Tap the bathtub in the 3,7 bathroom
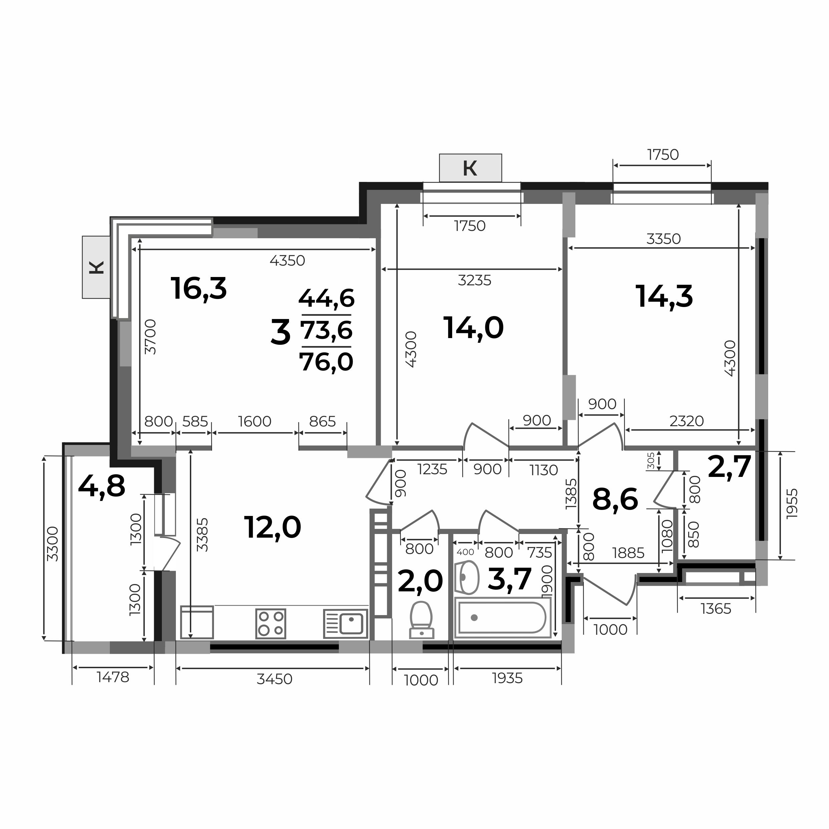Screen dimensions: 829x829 point(502,617)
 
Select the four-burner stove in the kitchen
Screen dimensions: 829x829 point(271,623)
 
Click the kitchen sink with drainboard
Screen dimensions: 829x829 point(345,623)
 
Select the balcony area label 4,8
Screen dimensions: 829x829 point(102,487)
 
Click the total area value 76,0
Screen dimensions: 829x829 point(326,362)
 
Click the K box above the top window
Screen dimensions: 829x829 point(470,168)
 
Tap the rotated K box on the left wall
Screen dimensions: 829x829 point(96,267)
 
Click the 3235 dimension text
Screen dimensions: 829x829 point(475,280)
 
